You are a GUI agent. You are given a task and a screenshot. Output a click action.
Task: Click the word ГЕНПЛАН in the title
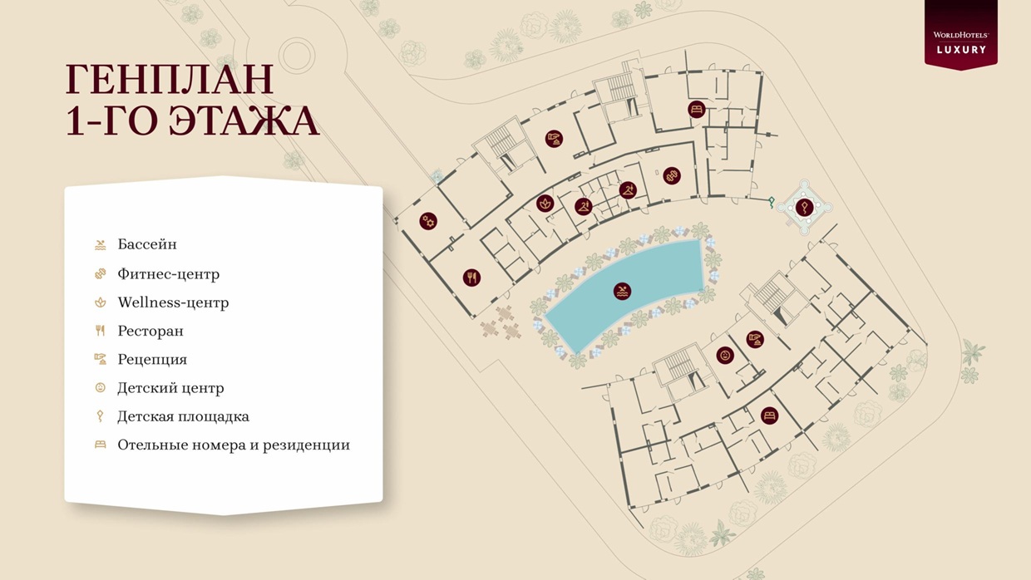pyautogui.click(x=170, y=80)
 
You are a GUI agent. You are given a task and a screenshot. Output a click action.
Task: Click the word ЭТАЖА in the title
pyautogui.click(x=244, y=121)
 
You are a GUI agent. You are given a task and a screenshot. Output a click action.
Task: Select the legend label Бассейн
pyautogui.click(x=147, y=244)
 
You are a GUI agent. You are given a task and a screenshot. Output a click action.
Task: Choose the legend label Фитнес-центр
pyautogui.click(x=168, y=273)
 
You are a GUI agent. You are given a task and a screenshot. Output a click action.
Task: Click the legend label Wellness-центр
pyautogui.click(x=173, y=302)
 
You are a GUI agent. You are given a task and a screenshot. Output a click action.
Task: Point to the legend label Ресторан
pyautogui.click(x=150, y=331)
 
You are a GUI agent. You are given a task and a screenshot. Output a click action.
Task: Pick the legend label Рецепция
pyautogui.click(x=152, y=359)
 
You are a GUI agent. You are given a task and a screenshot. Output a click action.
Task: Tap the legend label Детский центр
pyautogui.click(x=170, y=388)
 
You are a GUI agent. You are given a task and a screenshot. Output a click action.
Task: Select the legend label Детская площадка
pyautogui.click(x=183, y=416)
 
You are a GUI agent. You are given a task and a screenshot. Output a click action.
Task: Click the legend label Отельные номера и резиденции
pyautogui.click(x=234, y=445)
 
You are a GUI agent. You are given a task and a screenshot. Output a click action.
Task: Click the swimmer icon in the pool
pyautogui.click(x=622, y=291)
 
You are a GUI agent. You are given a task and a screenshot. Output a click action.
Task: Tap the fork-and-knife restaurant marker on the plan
pyautogui.click(x=471, y=278)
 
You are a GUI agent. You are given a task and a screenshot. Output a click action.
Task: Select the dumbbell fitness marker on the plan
pyautogui.click(x=672, y=175)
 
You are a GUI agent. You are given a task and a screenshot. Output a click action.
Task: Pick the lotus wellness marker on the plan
pyautogui.click(x=545, y=203)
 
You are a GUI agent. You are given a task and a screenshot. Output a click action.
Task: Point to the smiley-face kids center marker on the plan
pyautogui.click(x=725, y=356)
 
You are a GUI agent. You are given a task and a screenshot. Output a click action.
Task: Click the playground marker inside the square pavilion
pyautogui.click(x=803, y=208)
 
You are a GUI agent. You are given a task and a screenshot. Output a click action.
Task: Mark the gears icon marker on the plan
pyautogui.click(x=428, y=221)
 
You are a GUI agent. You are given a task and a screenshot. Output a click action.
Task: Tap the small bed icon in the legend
pyautogui.click(x=101, y=445)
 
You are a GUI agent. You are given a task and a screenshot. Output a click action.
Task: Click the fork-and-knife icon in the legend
pyautogui.click(x=101, y=331)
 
